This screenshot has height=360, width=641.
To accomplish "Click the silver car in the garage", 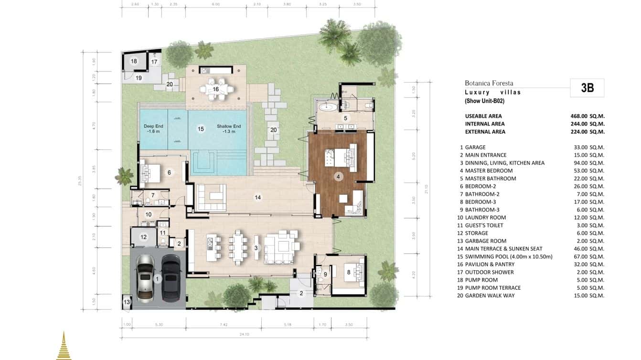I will [x=146, y=279].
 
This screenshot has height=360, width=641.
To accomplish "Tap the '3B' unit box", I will [x=587, y=88].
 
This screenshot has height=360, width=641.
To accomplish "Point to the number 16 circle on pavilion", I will [x=216, y=89].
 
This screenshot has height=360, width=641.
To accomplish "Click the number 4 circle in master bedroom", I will [x=338, y=177].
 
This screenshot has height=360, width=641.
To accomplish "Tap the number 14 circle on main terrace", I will [x=257, y=197].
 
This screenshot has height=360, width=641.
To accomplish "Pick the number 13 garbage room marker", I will [x=127, y=302].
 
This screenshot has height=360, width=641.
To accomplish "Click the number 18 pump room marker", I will [x=134, y=61].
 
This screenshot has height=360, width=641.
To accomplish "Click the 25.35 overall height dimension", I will [x=87, y=181].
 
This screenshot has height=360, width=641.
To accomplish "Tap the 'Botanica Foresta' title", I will [x=489, y=83].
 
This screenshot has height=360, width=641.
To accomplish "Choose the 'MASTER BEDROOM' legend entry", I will [x=488, y=170].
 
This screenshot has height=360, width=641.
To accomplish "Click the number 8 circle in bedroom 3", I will [x=349, y=272].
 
